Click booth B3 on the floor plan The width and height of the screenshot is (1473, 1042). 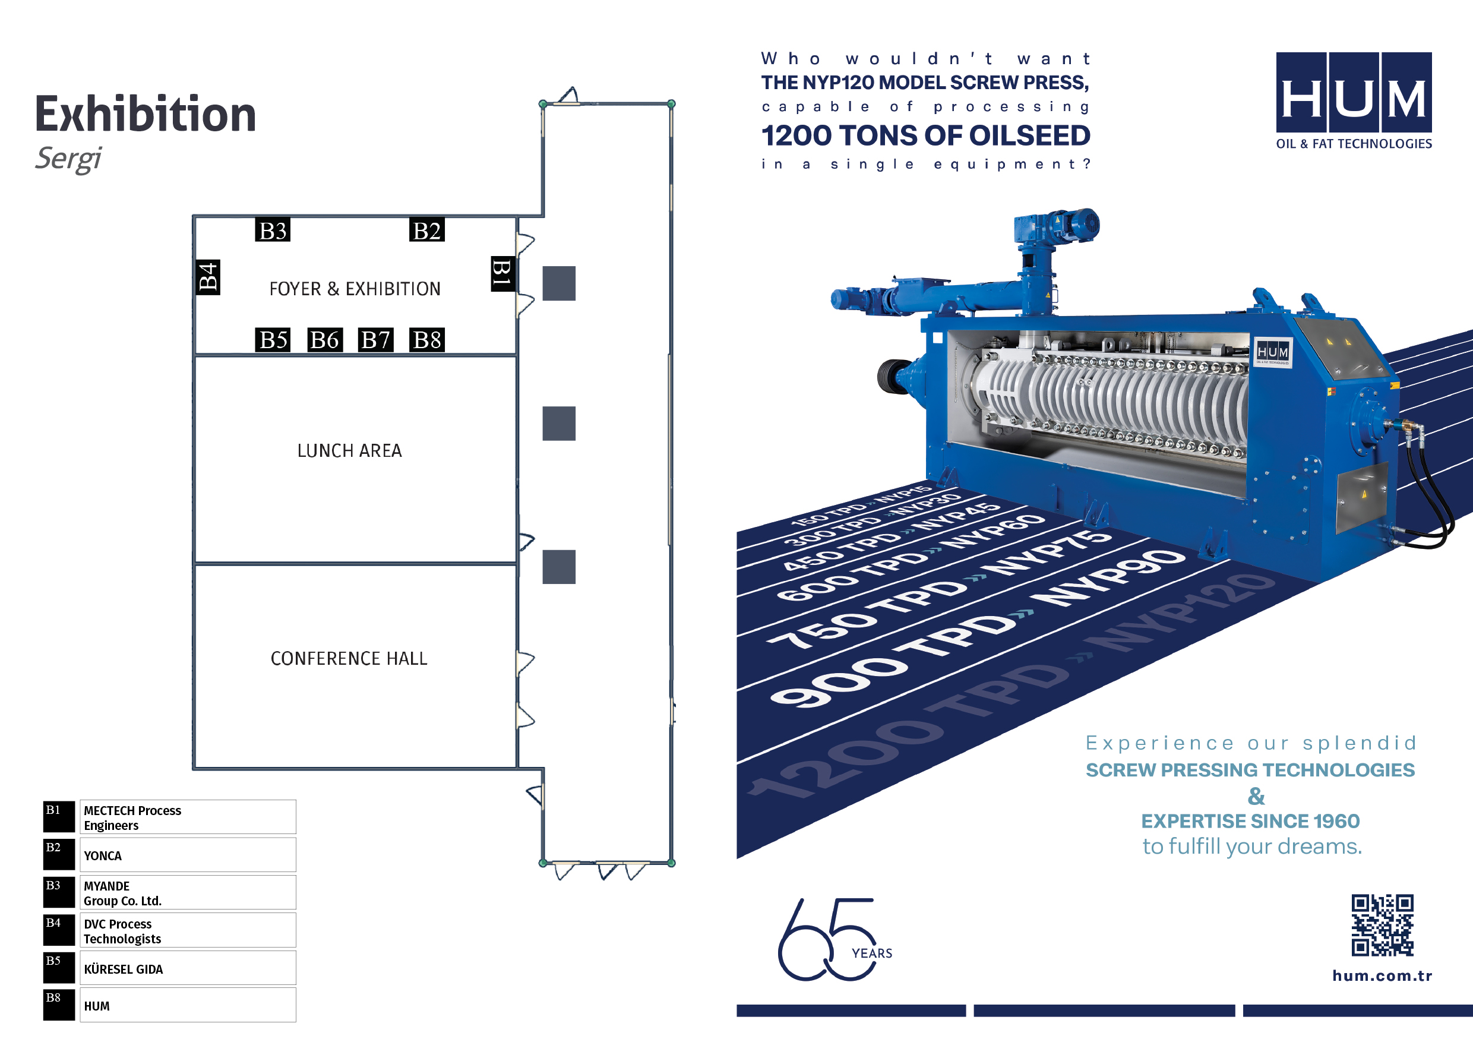click(273, 230)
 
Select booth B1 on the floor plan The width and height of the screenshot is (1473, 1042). click(502, 274)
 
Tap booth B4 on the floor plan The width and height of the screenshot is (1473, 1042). click(207, 277)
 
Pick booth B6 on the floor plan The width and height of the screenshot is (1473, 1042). click(325, 339)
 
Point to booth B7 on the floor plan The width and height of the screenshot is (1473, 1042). click(376, 339)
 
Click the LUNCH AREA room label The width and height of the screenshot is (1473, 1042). click(350, 451)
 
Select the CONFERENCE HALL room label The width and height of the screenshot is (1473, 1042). click(349, 659)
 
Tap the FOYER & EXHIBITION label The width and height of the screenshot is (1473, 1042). click(355, 289)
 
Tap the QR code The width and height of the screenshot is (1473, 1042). click(1383, 925)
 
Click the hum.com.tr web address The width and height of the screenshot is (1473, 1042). click(1382, 976)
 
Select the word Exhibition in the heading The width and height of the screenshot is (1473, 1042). click(146, 114)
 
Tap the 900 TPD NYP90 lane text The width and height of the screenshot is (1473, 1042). click(975, 629)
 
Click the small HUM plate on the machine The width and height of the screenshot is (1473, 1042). click(1272, 353)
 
